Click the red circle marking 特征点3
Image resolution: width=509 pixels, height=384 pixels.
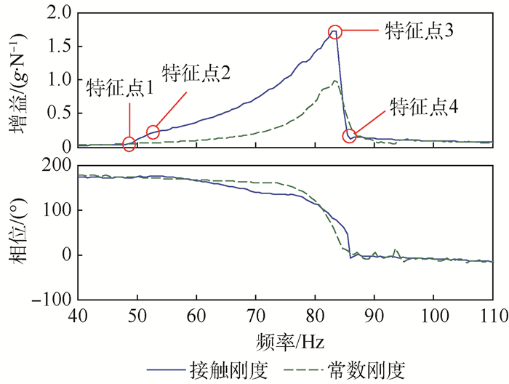334,32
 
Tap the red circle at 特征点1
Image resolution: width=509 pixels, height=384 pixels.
129,144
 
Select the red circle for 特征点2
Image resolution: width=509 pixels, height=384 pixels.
153,132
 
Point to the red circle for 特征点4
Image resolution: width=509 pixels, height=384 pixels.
349,136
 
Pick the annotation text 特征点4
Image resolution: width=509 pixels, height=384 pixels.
423,107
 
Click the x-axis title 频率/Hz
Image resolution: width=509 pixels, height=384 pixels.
284,341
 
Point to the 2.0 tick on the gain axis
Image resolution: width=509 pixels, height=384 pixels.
60,13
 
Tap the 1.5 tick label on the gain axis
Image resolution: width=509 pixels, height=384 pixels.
60,47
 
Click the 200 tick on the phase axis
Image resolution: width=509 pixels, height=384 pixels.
57,167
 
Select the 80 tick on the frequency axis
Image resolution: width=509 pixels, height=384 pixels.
315,318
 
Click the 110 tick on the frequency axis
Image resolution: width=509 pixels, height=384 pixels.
492,318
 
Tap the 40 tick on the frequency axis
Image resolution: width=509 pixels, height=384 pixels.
77,318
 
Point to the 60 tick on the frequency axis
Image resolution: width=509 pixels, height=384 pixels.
196,318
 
